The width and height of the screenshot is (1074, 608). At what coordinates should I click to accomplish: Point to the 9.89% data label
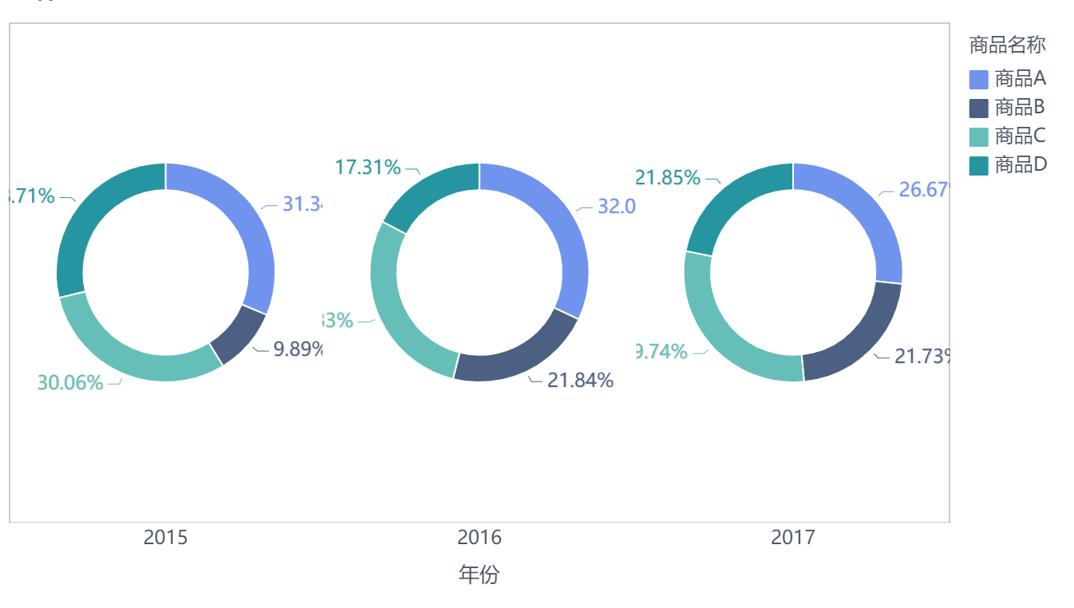pyautogui.click(x=298, y=349)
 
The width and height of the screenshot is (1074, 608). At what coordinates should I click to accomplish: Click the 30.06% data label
pyautogui.click(x=70, y=383)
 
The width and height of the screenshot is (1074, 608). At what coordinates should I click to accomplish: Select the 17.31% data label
pyautogui.click(x=367, y=168)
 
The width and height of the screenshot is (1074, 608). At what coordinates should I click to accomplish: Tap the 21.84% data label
pyautogui.click(x=580, y=381)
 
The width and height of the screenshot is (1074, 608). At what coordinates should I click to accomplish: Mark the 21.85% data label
pyautogui.click(x=668, y=178)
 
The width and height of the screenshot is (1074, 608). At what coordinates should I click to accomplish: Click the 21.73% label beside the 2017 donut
pyautogui.click(x=922, y=356)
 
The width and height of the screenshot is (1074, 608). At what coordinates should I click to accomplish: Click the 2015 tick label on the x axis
pyautogui.click(x=166, y=538)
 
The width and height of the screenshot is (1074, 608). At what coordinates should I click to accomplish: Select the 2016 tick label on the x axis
pyautogui.click(x=480, y=538)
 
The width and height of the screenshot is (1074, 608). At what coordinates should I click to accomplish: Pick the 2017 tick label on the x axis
pyautogui.click(x=793, y=538)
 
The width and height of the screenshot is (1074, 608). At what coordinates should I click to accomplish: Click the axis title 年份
pyautogui.click(x=480, y=574)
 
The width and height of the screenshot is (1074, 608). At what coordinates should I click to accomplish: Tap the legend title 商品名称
pyautogui.click(x=1007, y=45)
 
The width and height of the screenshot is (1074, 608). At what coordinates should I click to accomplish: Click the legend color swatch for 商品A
pyautogui.click(x=978, y=79)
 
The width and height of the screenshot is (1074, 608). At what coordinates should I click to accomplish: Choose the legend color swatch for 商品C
pyautogui.click(x=978, y=136)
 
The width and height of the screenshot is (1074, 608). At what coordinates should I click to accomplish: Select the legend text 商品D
pyautogui.click(x=1021, y=165)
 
